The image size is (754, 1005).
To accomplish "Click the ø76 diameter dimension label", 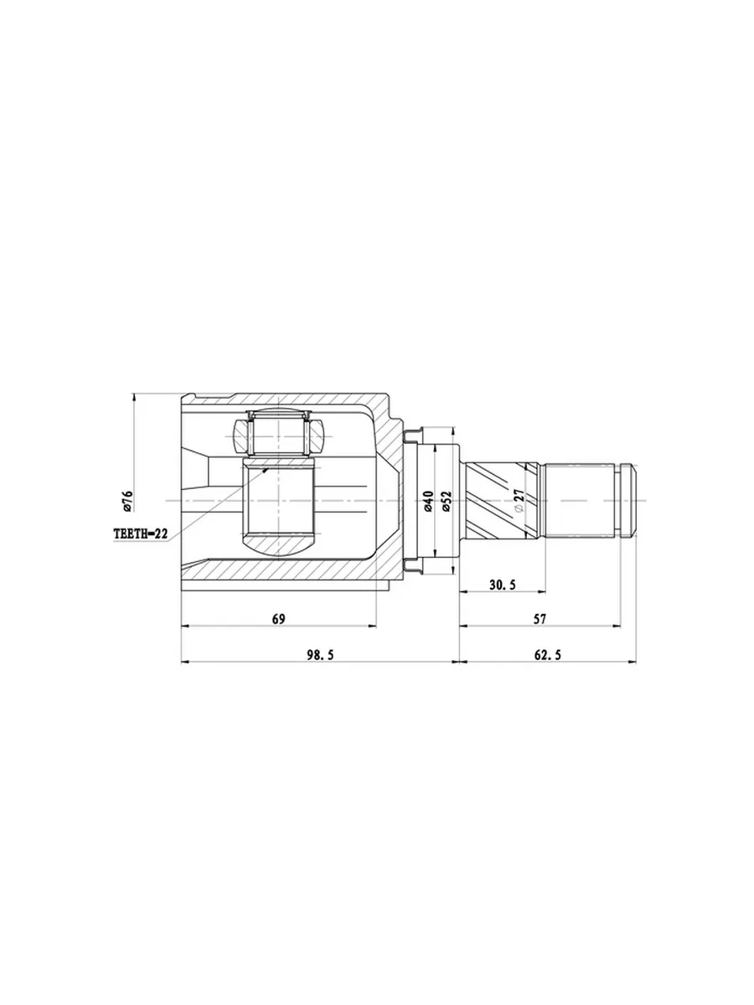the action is [127, 501].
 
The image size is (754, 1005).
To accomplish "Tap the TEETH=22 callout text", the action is [141, 533].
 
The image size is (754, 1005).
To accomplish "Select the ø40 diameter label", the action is [428, 501].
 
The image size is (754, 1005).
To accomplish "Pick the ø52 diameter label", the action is [447, 501].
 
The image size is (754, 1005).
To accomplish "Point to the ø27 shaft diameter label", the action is [519, 501].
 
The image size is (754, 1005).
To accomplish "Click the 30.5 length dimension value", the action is [502, 585].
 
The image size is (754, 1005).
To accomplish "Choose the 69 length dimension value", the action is [278, 619].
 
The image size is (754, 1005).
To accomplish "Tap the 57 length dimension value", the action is [540, 619].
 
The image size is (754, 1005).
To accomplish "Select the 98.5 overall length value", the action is [321, 655].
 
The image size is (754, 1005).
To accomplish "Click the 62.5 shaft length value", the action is [547, 655].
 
